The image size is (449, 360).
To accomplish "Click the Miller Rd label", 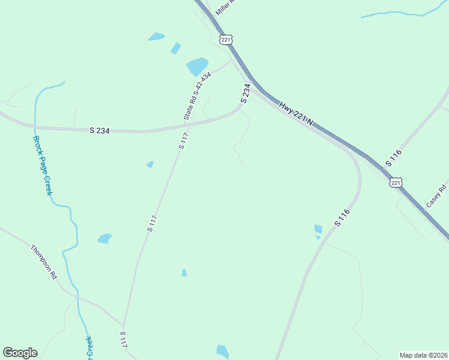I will click(x=227, y=7).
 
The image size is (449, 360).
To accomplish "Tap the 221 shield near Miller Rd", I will click(x=225, y=40).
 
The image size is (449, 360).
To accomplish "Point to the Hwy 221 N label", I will click(x=296, y=113).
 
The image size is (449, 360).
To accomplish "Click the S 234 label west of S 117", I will click(x=100, y=130).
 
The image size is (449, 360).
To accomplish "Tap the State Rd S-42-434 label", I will click(x=197, y=96).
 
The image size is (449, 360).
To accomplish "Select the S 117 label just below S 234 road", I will click(x=184, y=140).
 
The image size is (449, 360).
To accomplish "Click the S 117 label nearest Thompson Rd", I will click(x=123, y=340).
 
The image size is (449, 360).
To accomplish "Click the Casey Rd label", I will click(x=436, y=196).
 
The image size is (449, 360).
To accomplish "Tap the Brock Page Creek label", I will click(x=42, y=164).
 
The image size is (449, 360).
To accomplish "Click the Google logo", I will click(x=20, y=353).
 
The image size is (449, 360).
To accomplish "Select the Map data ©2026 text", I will click(x=423, y=355).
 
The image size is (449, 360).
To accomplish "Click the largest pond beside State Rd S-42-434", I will click(x=197, y=65).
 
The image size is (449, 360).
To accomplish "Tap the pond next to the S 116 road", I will click(x=318, y=229).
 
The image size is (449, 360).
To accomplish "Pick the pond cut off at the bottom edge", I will click(x=222, y=352).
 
